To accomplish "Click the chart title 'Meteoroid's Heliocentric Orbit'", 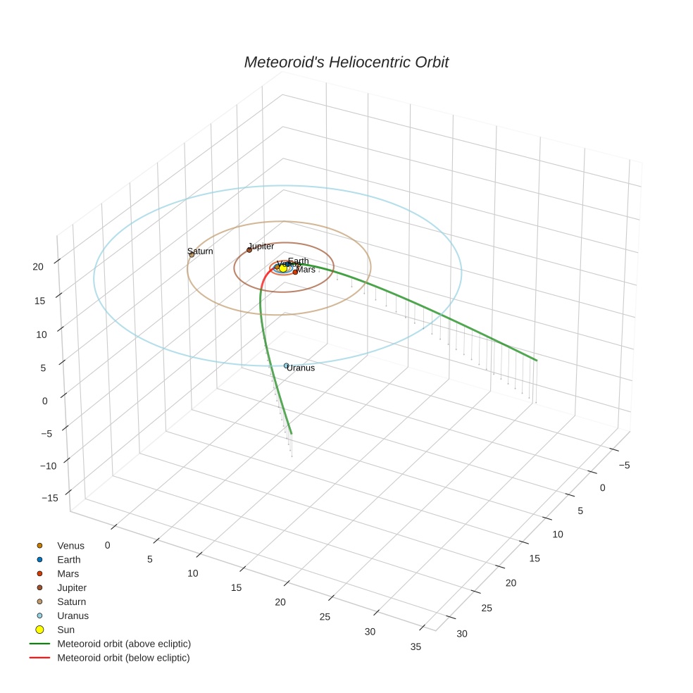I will [346, 63].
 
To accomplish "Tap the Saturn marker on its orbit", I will [192, 254].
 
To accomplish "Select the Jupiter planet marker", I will [249, 250].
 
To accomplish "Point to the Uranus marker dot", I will [286, 366].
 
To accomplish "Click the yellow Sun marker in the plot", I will [283, 268].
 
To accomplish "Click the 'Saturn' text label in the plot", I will [200, 251].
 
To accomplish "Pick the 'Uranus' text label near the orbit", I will [301, 368].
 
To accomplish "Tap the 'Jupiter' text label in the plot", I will [261, 246].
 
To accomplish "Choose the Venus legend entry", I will [70, 546].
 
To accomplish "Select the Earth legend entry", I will [69, 560].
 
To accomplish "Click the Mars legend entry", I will [68, 574].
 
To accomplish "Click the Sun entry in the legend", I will [65, 630].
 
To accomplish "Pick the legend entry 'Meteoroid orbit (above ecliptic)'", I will [124, 644].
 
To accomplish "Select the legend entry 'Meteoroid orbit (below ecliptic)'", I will [123, 658].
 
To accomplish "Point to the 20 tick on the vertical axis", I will [38, 266].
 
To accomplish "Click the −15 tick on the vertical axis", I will [50, 497].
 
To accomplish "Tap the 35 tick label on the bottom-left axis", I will [416, 647].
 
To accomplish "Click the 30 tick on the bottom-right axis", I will [461, 634].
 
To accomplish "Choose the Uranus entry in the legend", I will [73, 616].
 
